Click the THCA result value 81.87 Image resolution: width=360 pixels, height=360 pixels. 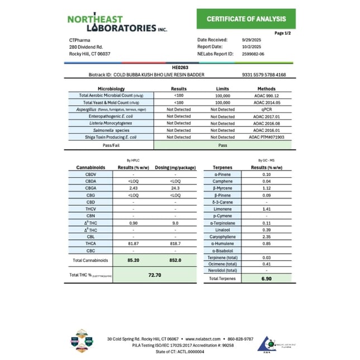pyautogui.click(x=132, y=243)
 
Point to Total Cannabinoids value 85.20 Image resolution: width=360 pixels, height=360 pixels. pyautogui.click(x=132, y=260)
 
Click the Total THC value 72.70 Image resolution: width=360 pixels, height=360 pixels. pyautogui.click(x=155, y=275)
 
